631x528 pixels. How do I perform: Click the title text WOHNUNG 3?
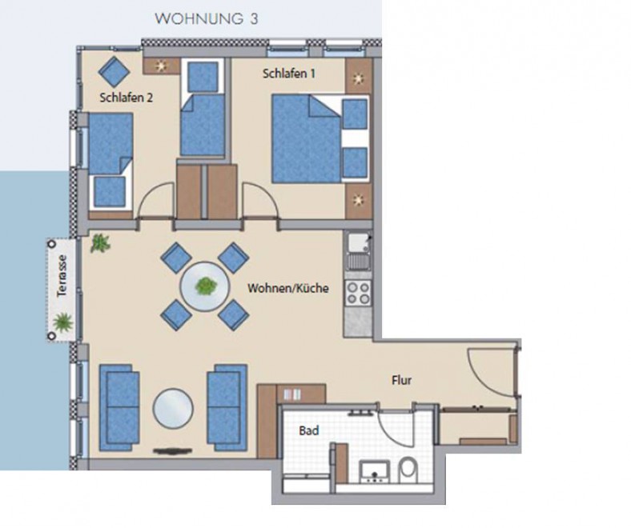tap(206, 19)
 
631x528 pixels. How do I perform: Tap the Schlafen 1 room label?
tap(288, 74)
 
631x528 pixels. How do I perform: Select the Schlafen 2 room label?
tap(126, 98)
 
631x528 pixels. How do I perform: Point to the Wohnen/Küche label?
tap(287, 288)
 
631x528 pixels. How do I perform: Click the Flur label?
tap(402, 380)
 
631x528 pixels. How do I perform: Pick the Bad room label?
tap(308, 430)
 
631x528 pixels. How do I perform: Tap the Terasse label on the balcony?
tap(62, 275)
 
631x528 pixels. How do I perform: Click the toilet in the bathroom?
tap(408, 470)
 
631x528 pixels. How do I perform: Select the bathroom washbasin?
tap(375, 472)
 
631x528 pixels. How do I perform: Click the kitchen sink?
tap(359, 251)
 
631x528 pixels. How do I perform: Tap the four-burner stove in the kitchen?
tap(358, 293)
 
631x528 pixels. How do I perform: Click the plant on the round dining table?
tap(206, 286)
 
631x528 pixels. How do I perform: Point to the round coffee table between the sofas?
tap(173, 408)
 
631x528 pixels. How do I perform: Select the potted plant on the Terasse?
tap(63, 322)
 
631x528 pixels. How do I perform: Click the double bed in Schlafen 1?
tap(320, 138)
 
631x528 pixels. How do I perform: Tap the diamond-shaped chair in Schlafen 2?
tap(114, 72)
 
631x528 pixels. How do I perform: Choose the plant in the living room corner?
tap(100, 243)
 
